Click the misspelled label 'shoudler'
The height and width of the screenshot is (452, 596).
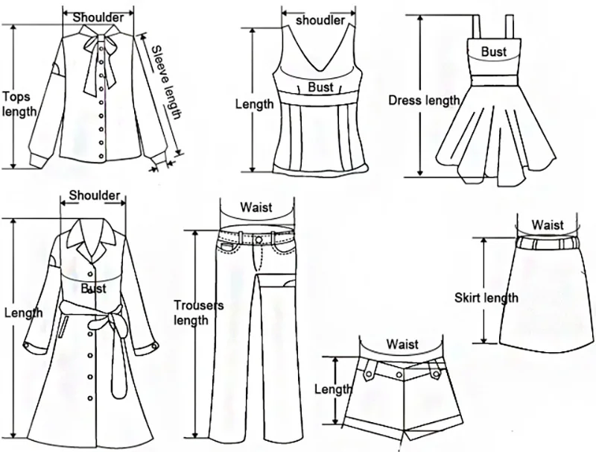(320, 20)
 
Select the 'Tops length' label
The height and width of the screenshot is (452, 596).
(18, 104)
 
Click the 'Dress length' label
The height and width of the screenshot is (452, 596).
(425, 101)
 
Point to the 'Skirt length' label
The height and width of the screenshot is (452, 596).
(486, 298)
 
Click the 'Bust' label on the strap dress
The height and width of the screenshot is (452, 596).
(493, 52)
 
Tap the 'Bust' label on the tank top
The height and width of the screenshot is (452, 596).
(321, 87)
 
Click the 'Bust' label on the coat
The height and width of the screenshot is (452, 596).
(93, 288)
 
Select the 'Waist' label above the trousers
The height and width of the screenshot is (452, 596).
(256, 208)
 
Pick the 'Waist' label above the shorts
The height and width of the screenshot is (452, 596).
(402, 345)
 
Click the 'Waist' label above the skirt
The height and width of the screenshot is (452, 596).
(547, 225)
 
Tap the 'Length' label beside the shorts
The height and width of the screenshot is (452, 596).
(332, 389)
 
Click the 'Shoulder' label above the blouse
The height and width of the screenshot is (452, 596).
(99, 17)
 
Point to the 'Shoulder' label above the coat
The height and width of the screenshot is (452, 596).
(95, 195)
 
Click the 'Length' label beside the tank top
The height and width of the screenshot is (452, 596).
(255, 104)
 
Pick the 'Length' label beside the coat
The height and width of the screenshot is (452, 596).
(23, 313)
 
